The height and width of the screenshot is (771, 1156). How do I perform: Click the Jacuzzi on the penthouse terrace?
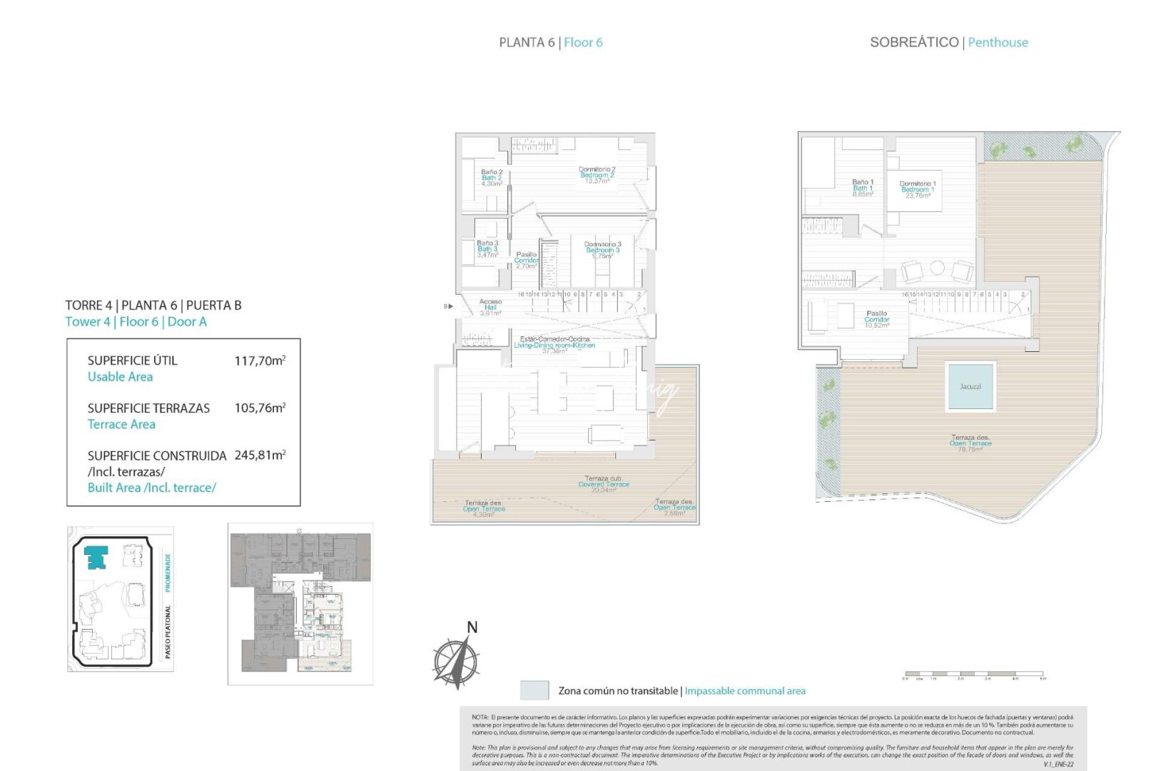(x=970, y=386)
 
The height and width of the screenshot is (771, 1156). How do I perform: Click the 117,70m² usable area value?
(x=260, y=361)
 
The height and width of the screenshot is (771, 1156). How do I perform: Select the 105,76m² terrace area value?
(x=260, y=408)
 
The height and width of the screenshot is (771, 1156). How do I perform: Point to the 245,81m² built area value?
(x=260, y=455)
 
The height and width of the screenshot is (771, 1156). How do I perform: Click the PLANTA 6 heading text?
(x=527, y=42)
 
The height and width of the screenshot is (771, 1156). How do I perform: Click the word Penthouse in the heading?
(x=998, y=42)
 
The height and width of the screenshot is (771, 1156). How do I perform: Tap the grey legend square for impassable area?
(x=534, y=690)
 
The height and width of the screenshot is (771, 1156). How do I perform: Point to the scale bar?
(x=974, y=674)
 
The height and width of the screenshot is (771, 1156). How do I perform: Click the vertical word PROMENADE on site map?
(x=168, y=573)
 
